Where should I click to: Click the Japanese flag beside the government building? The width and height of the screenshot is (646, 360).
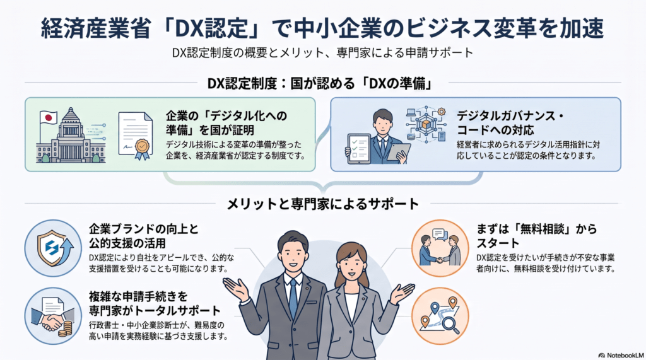click(49, 119)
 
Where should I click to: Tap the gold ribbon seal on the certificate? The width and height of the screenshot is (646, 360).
click(142, 149)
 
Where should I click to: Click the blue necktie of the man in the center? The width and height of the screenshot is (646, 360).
click(293, 299)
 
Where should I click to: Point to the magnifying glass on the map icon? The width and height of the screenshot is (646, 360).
click(450, 324)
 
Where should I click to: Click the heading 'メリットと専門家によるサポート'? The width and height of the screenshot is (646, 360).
click(323, 204)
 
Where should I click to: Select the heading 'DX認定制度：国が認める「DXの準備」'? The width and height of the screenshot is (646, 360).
click(320, 84)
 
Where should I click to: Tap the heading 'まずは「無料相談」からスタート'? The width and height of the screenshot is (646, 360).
click(536, 236)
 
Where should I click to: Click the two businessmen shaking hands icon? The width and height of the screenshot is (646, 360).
click(440, 248)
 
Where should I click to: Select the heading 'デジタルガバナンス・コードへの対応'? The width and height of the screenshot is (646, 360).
click(510, 123)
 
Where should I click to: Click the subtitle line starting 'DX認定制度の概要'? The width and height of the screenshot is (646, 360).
click(322, 53)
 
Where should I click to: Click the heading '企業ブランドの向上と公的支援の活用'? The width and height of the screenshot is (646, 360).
click(144, 236)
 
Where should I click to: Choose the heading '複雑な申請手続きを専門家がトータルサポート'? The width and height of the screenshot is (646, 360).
click(155, 303)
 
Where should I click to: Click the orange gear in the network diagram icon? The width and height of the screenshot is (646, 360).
click(442, 111)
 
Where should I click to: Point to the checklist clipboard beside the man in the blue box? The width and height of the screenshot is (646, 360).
click(358, 149)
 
